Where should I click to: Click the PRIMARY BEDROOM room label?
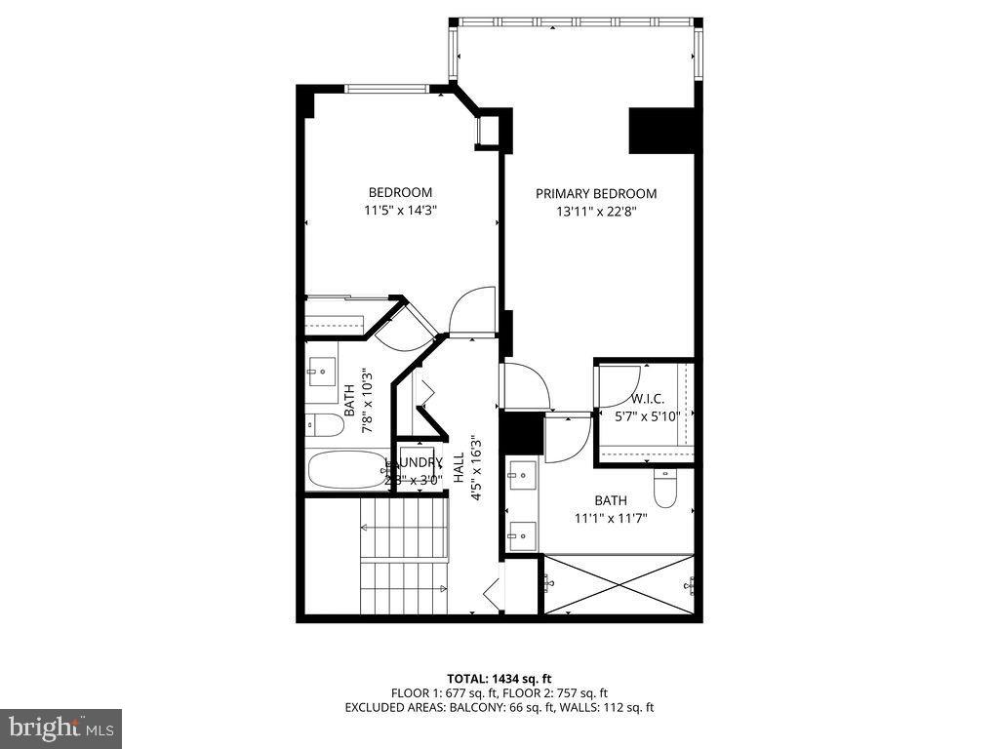point(596,193)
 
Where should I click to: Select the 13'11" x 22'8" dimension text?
point(596,210)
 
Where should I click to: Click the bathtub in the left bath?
point(347,469)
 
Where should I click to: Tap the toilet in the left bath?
point(324,425)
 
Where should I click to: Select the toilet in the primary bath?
point(665,488)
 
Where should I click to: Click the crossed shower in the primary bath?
point(619,584)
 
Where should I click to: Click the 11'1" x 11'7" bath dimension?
point(611,518)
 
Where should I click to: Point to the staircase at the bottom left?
point(402,556)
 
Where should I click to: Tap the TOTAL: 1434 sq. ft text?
point(499,678)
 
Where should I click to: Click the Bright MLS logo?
point(60,728)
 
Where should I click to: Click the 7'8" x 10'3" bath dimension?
point(367,400)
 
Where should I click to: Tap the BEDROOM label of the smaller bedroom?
point(399,192)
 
